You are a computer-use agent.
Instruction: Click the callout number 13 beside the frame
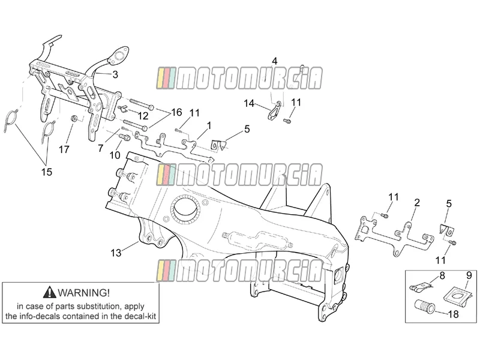tap(116, 253)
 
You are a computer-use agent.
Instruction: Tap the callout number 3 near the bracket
tap(115, 74)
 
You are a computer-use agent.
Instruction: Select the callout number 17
tap(64, 149)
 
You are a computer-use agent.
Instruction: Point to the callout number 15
tap(47, 172)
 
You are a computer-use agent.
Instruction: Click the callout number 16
tap(176, 112)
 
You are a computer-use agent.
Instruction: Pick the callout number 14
tap(249, 103)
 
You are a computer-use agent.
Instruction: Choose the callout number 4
tap(275, 61)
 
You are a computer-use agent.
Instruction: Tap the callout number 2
tap(416, 203)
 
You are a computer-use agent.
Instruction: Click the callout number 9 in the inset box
tap(469, 275)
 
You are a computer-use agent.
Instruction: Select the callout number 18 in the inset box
tap(454, 314)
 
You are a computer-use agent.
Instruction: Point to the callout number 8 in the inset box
tap(442, 275)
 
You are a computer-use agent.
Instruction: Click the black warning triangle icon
tap(49, 292)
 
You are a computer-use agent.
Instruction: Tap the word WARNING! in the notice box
tap(83, 293)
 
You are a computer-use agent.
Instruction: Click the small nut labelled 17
tap(74, 118)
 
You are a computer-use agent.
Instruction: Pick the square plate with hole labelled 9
tap(457, 295)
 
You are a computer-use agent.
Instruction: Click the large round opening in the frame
tap(185, 209)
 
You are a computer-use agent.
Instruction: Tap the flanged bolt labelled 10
tap(125, 137)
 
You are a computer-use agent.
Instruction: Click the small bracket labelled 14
tap(275, 110)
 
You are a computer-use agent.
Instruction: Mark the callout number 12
tap(143, 116)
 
